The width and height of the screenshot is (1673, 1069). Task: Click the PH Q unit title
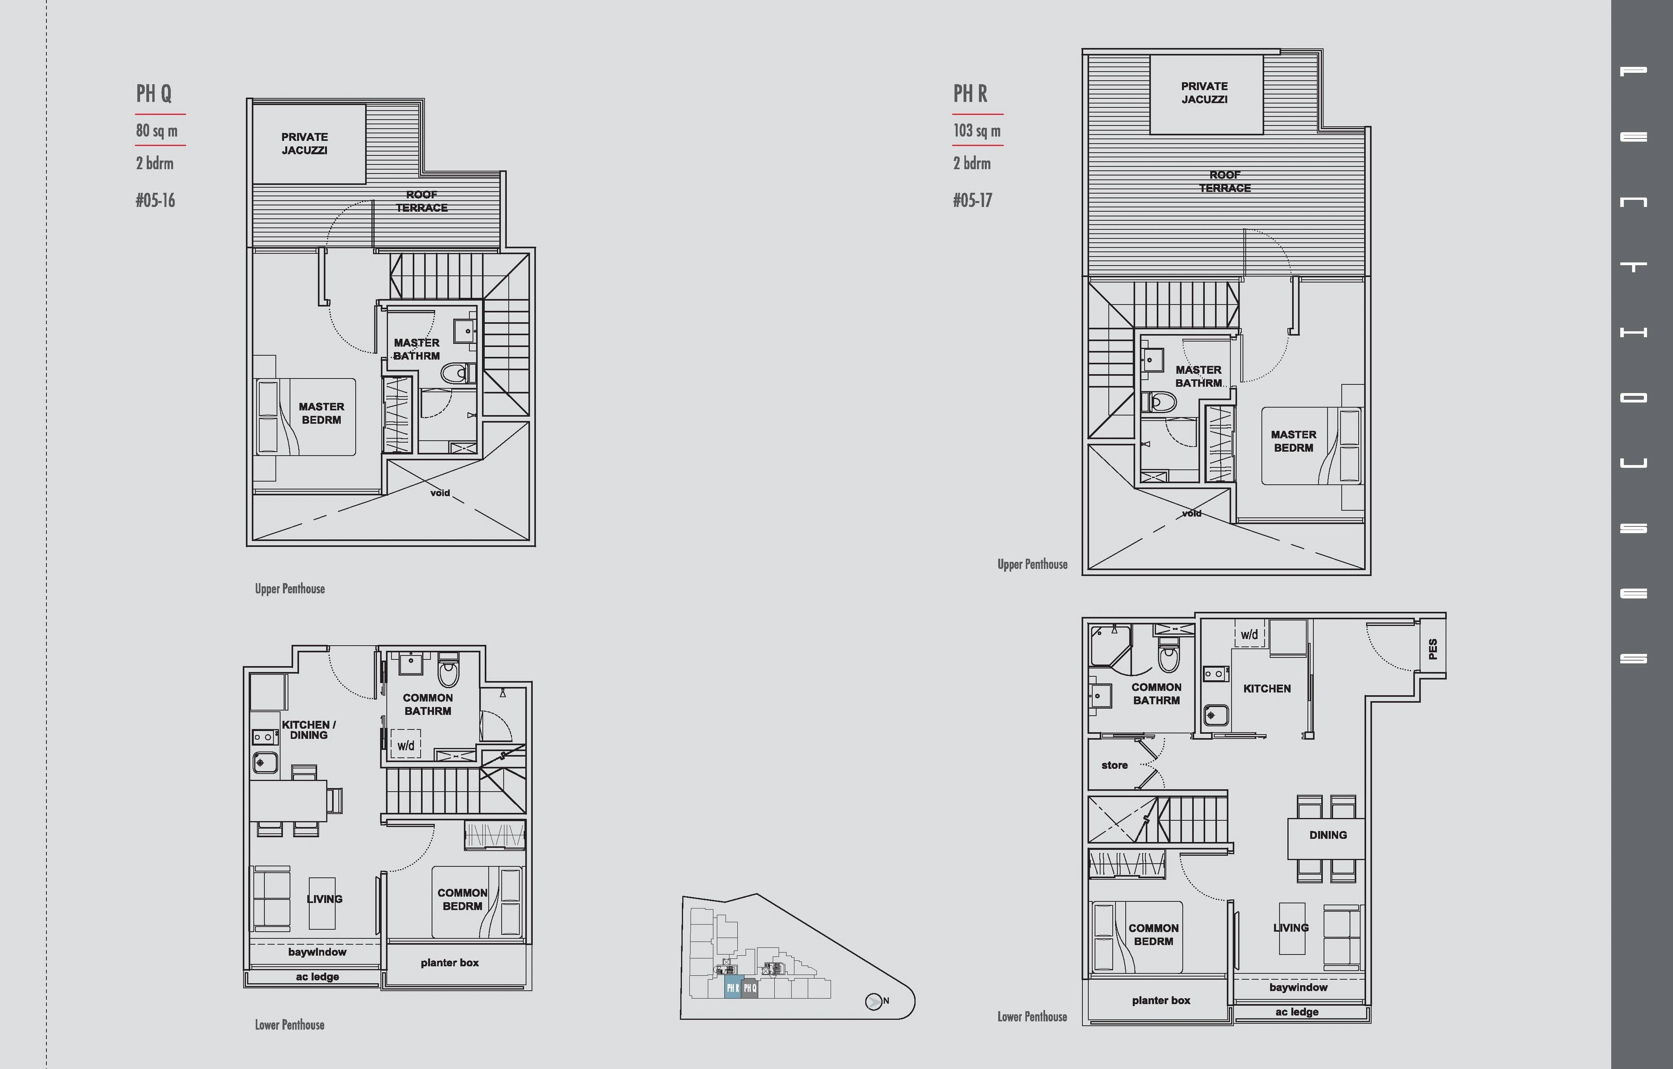tap(153, 93)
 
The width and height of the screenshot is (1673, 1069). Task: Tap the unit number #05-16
tap(155, 201)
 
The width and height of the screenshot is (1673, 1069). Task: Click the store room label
tap(1114, 766)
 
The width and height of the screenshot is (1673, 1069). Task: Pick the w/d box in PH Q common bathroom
tap(406, 744)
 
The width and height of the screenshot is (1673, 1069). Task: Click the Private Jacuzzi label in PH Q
tap(304, 144)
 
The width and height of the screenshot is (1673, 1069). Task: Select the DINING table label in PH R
tap(1328, 835)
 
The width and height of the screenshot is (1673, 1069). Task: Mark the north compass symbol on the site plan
tap(874, 1002)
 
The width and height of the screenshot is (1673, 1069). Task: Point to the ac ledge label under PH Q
tap(318, 977)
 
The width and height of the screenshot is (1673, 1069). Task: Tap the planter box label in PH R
tap(1161, 1000)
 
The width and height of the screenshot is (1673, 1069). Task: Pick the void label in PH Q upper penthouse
tap(440, 493)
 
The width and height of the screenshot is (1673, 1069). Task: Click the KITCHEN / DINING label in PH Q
tap(308, 730)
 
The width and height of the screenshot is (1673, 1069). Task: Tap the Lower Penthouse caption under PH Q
tap(290, 1025)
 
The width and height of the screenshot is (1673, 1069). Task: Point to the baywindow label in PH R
tap(1298, 987)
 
